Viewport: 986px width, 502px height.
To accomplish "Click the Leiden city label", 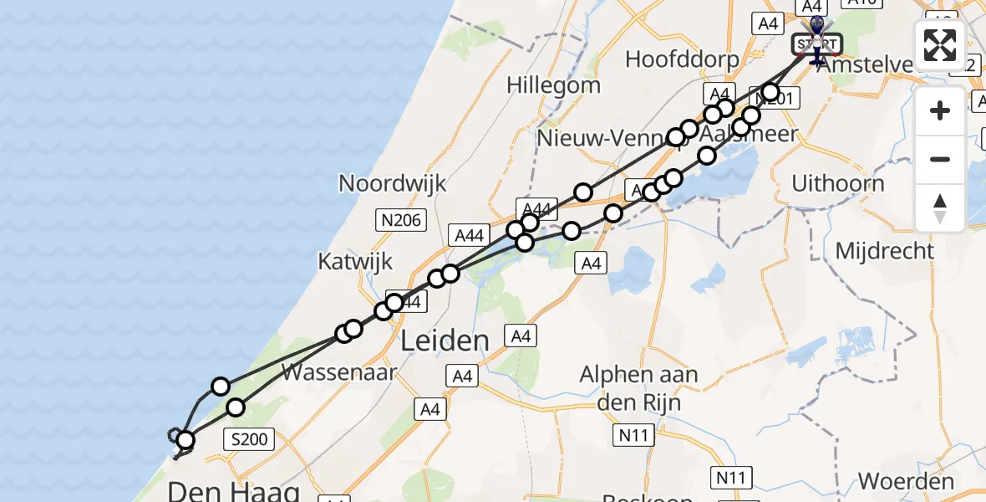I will (x=445, y=341).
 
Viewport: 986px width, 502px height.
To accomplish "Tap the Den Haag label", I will (x=234, y=489).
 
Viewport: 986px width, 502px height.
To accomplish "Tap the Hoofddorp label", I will (x=682, y=59).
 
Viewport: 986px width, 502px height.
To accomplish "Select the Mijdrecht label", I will (x=884, y=249).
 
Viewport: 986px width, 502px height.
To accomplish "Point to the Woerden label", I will (x=906, y=482).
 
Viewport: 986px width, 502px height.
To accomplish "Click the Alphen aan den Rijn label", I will (x=638, y=387).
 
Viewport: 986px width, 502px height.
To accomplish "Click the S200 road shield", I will (x=251, y=438).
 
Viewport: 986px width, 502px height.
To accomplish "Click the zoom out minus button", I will (x=940, y=159).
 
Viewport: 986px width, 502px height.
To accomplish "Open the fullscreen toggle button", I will (x=940, y=45).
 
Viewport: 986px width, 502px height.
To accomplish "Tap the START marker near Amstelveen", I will (x=816, y=44).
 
